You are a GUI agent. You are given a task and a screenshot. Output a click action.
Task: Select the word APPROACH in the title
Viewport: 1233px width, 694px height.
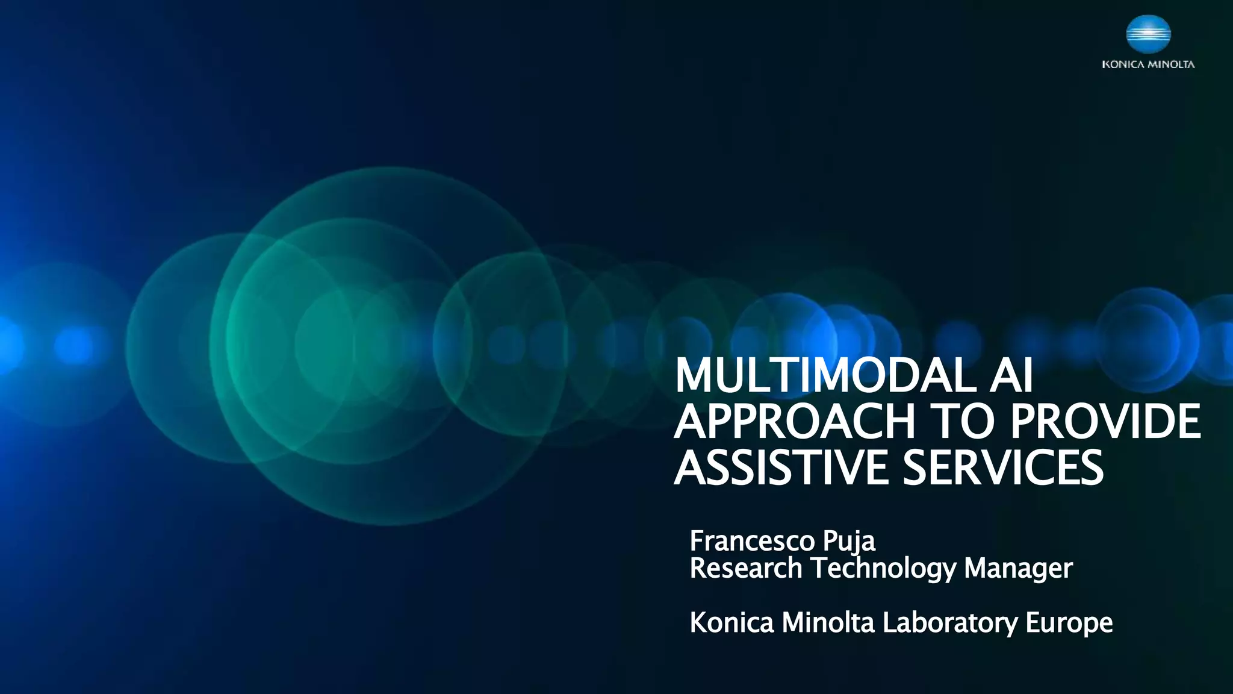794,421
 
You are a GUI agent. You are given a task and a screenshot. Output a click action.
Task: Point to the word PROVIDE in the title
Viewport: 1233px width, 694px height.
1105,421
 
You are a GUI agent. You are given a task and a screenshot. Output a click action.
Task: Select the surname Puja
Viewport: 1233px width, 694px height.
849,542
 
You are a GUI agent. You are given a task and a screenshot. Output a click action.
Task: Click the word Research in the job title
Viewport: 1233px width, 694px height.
746,568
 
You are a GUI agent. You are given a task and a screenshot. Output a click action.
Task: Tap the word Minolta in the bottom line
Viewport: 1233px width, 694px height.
828,622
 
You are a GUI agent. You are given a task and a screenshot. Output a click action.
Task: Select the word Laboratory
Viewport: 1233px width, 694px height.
949,624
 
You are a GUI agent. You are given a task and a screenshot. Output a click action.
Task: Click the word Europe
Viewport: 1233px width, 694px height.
1069,624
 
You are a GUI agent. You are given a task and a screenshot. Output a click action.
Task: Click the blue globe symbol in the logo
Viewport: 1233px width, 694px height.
1148,34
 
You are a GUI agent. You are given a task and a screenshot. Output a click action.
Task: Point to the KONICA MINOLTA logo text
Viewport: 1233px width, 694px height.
1148,64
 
